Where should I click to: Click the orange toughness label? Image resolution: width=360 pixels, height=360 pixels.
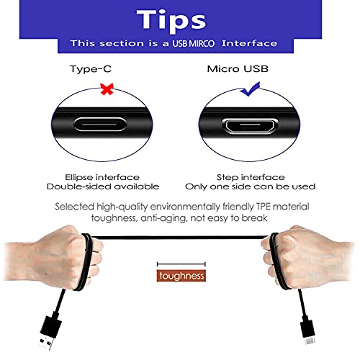click(x=182, y=276)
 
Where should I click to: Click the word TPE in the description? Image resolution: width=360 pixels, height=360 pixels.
click(x=268, y=207)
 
